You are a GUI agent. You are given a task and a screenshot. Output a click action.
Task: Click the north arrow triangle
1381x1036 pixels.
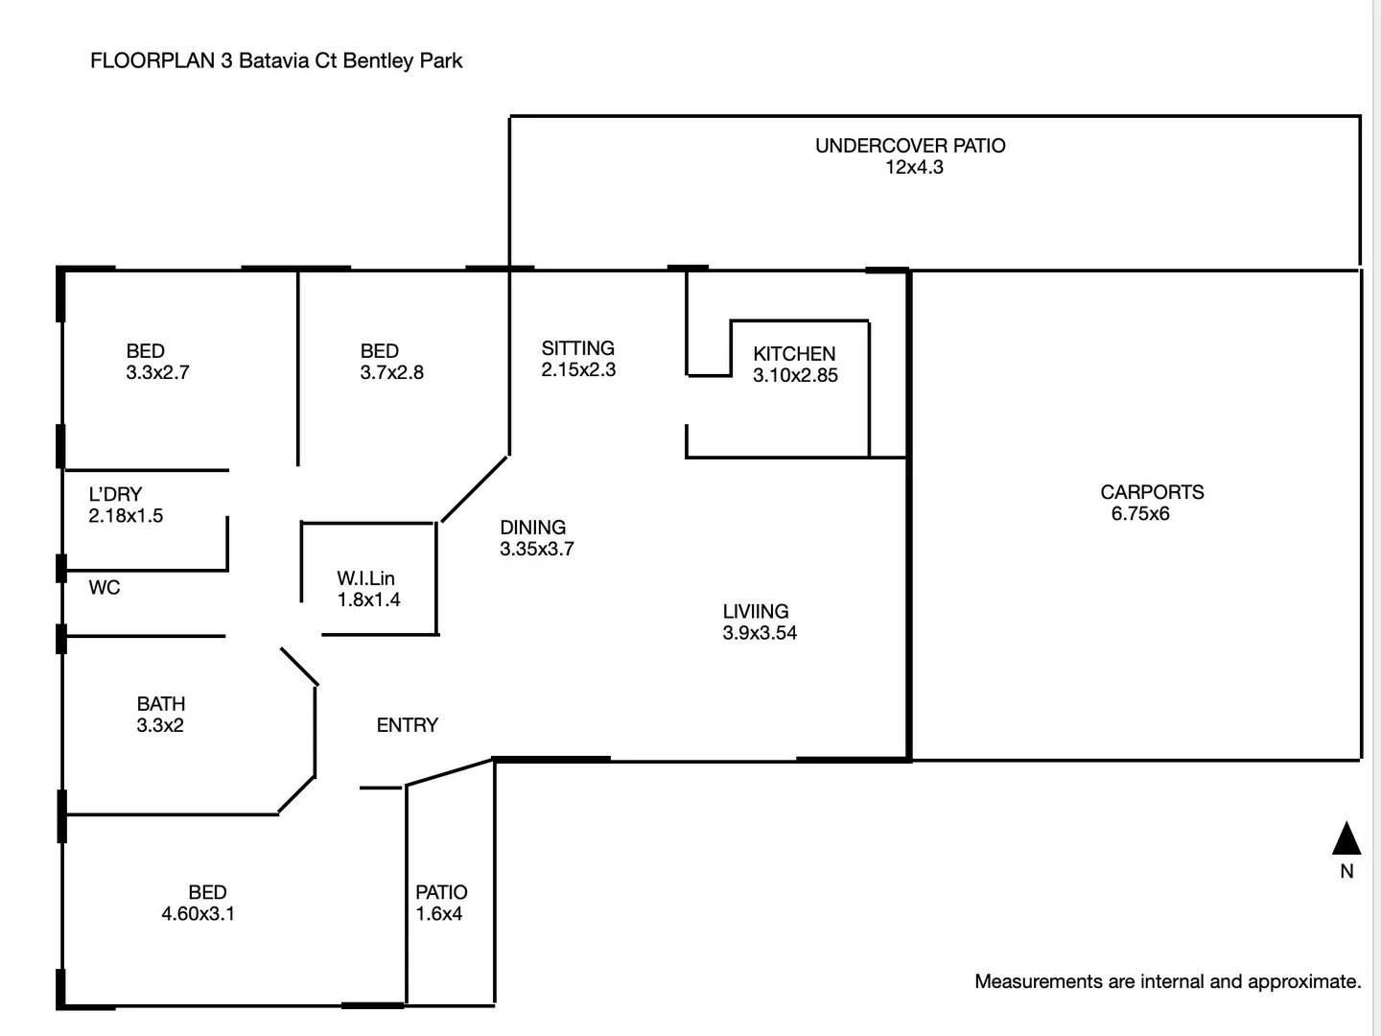coord(1346,838)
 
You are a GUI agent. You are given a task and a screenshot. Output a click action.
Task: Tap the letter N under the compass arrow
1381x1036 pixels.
coord(1346,871)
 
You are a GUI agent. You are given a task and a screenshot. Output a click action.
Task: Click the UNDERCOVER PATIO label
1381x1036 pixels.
coord(910,146)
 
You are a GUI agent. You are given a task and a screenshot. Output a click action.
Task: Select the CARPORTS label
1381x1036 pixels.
coord(1152,492)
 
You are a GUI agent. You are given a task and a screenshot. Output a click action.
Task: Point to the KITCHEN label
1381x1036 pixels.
coord(794,354)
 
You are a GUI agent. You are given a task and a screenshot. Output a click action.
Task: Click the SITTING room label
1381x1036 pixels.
coord(577,348)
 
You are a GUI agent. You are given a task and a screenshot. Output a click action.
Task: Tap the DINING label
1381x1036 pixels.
coord(533,528)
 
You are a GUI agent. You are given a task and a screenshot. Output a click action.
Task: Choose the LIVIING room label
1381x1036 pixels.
coord(756,611)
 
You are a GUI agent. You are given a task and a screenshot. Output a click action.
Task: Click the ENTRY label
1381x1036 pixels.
coord(407,725)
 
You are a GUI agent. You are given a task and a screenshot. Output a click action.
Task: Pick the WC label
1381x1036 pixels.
coord(105,587)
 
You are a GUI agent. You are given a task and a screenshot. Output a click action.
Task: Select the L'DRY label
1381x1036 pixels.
coord(115,494)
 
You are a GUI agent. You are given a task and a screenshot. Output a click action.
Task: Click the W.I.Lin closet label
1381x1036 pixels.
coord(365,578)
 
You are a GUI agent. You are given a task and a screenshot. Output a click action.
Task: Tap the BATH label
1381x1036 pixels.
coord(161,703)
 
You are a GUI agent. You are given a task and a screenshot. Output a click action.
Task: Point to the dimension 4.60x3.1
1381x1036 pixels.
coord(199,913)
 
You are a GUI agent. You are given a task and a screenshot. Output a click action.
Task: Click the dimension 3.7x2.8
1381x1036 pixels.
coord(392,372)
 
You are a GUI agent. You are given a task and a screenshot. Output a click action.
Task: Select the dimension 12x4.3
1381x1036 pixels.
coord(914,167)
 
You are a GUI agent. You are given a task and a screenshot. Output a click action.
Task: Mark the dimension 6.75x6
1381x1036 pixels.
coord(1140,513)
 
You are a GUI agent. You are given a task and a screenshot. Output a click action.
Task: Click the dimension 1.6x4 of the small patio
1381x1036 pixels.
coord(438,913)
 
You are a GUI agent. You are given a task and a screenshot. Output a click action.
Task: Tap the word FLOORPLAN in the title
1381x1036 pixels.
coord(152,60)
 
